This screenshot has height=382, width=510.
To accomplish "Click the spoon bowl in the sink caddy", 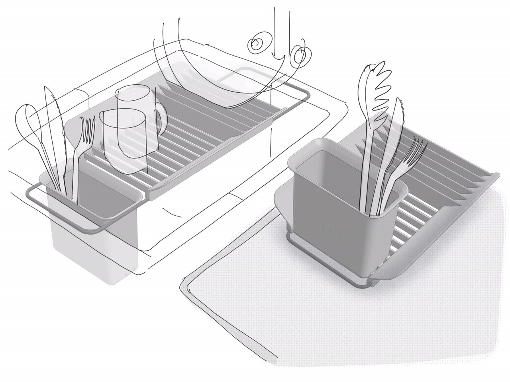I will point(26,119).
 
